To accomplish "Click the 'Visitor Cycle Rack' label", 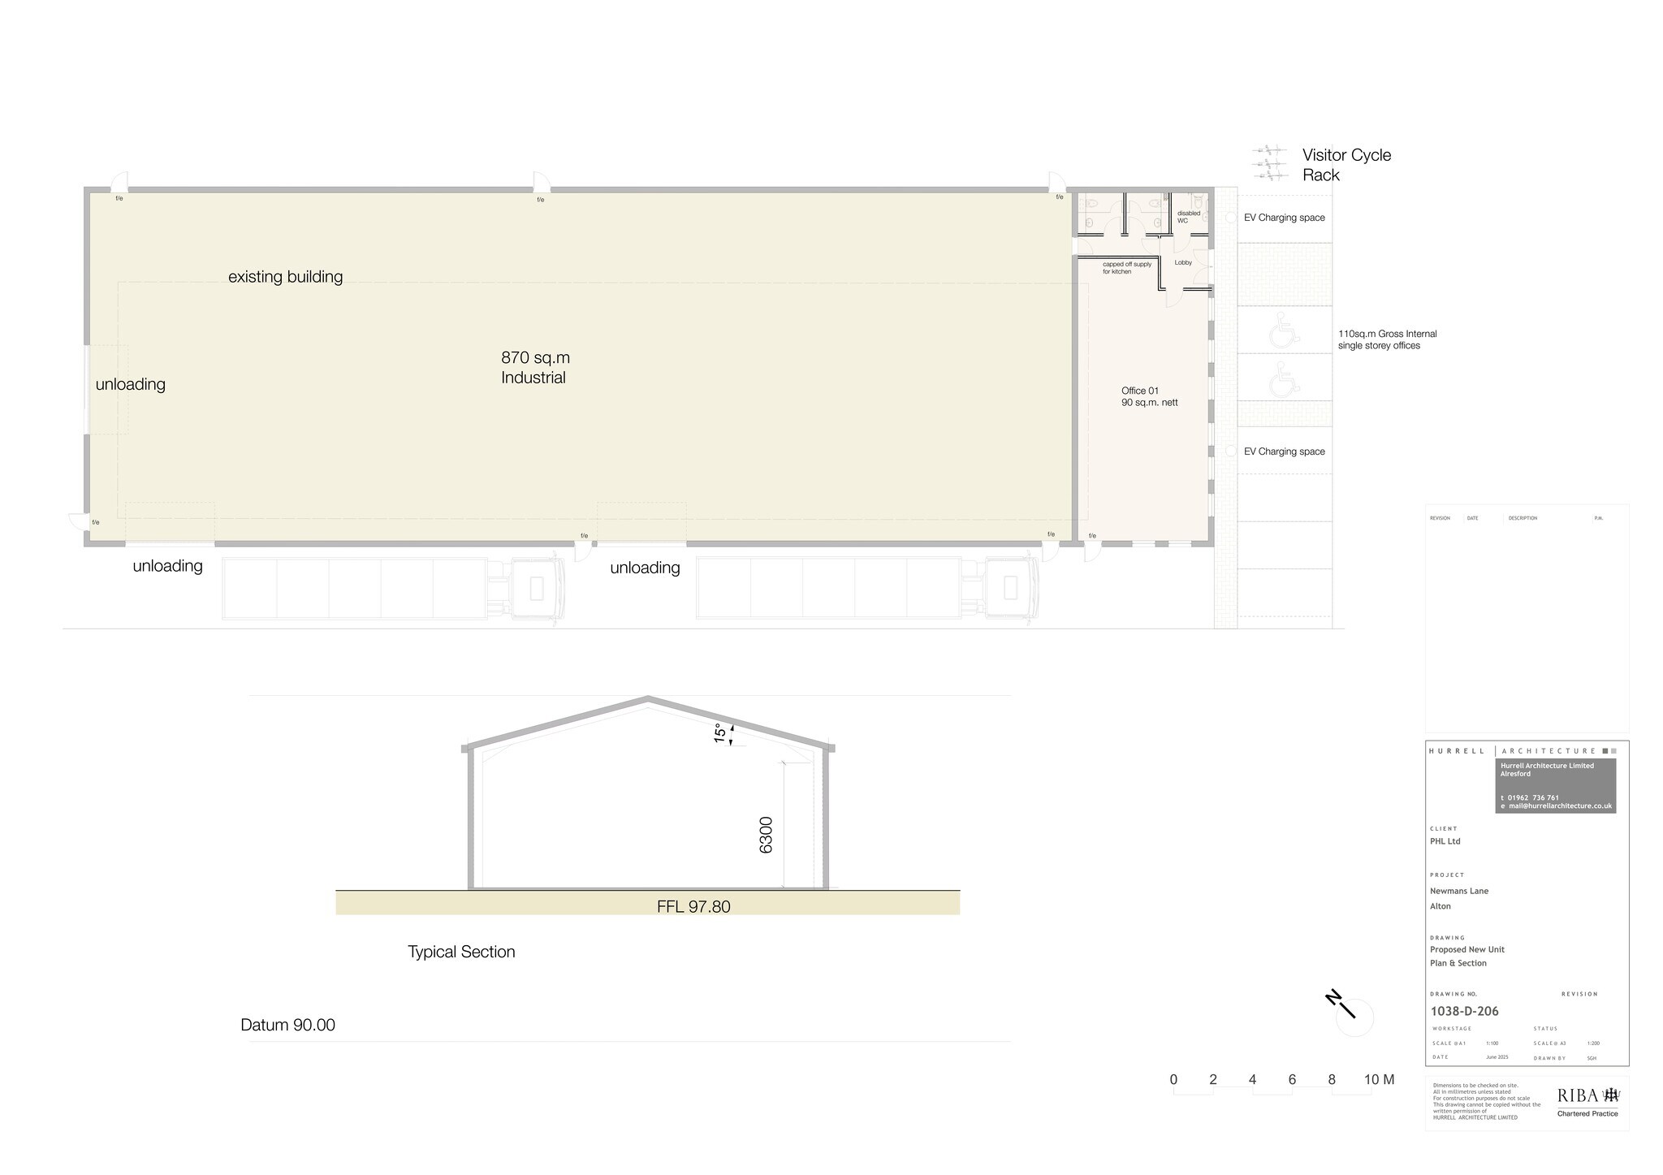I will pos(1346,165).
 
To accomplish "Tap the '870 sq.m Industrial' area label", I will pos(535,368).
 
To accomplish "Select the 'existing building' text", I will pos(285,277).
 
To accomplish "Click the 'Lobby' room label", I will pos(1183,262).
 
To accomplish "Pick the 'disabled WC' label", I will pos(1188,217).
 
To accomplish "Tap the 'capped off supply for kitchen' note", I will pos(1126,268).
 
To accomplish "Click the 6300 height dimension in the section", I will pos(766,835).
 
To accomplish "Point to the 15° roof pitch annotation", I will pos(720,733).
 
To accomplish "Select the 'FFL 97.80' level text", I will pos(693,906).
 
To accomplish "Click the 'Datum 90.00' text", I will pos(287,1025).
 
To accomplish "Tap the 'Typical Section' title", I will pos(461,952).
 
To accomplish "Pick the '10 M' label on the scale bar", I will pos(1379,1079).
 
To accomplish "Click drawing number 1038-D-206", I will pos(1464,1011).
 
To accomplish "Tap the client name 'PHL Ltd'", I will pos(1445,841).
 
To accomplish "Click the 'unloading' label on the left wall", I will pos(131,385).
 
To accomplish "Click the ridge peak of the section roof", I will pos(648,698).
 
